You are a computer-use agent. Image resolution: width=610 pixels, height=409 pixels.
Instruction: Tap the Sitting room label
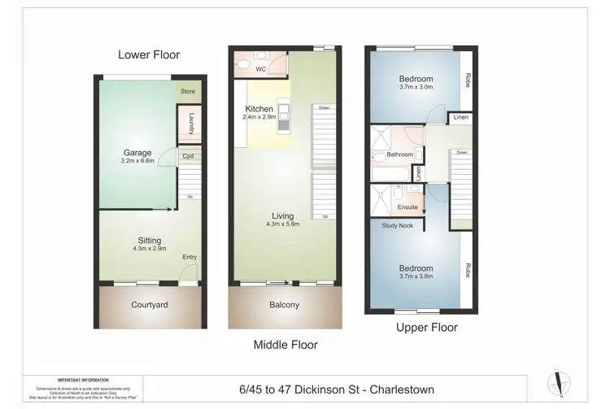pyautogui.click(x=149, y=241)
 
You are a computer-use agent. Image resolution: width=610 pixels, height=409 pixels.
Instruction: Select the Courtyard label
pyautogui.click(x=149, y=305)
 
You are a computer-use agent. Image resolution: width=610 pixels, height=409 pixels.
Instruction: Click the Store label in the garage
pyautogui.click(x=188, y=92)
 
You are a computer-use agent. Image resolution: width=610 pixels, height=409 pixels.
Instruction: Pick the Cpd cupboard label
pyautogui.click(x=188, y=156)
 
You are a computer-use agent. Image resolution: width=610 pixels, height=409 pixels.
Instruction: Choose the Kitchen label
pyautogui.click(x=259, y=108)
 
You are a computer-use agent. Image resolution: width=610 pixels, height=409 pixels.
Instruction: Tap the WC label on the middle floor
pyautogui.click(x=261, y=69)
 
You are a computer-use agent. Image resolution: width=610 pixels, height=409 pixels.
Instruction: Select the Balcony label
pyautogui.click(x=284, y=305)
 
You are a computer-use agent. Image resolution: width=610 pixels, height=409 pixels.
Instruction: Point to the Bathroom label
pyautogui.click(x=399, y=154)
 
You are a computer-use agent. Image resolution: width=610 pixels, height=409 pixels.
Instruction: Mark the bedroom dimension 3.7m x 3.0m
pyautogui.click(x=415, y=86)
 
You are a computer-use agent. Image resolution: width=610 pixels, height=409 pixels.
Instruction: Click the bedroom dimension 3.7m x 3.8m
pyautogui.click(x=415, y=276)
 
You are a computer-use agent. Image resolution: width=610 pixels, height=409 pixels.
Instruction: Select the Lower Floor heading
pyautogui.click(x=149, y=54)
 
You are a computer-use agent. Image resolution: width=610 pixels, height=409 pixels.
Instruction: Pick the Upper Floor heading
pyautogui.click(x=426, y=328)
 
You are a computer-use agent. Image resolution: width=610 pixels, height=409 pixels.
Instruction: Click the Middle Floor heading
pyautogui.click(x=285, y=345)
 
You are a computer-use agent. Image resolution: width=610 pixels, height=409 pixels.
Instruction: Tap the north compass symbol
pyautogui.click(x=560, y=383)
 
